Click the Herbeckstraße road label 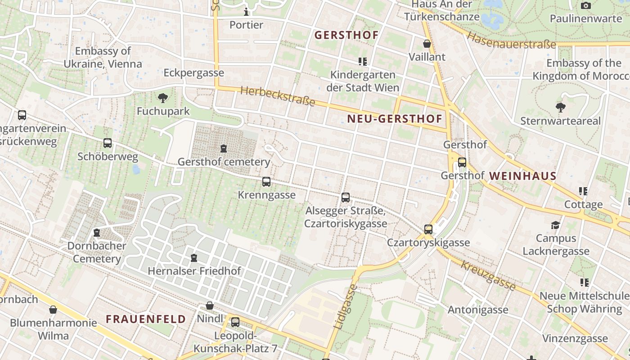(278, 96)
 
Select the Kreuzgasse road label (488, 275)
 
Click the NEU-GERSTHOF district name (395, 119)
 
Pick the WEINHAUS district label (523, 176)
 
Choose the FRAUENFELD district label (146, 319)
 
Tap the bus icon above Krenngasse (266, 182)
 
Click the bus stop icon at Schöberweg (108, 143)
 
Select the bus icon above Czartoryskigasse (428, 229)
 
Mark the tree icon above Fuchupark (163, 98)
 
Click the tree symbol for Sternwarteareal (560, 108)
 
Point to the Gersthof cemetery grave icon (223, 148)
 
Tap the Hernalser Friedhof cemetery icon (194, 258)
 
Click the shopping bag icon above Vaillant (427, 44)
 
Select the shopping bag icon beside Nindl (210, 306)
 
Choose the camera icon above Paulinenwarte (585, 5)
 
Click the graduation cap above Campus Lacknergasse (556, 225)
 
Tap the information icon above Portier (246, 11)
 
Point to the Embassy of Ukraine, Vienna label (103, 58)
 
